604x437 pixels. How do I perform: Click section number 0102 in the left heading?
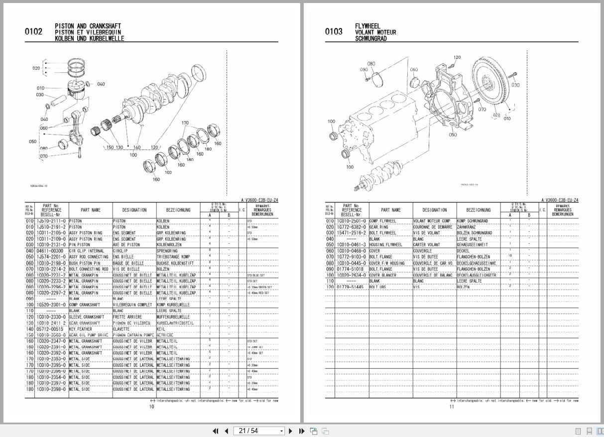coord(33,32)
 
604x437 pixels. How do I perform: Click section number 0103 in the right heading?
coord(334,32)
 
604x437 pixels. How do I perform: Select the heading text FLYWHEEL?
coord(367,26)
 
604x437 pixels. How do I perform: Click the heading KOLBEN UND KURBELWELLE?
coord(90,38)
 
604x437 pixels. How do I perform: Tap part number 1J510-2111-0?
coord(51,221)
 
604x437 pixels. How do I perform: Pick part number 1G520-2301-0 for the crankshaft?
coord(51,304)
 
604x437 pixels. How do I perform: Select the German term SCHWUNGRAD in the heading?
coord(370,38)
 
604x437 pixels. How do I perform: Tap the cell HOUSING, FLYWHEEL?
coord(386,245)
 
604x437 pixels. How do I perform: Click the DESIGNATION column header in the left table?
coord(134,210)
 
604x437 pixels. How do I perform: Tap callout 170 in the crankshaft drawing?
coord(185,123)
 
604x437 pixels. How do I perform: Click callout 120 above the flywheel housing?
coord(457,58)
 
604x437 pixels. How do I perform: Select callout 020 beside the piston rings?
coord(36,68)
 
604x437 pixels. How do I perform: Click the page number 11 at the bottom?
coord(452,407)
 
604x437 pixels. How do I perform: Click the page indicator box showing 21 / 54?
coord(259,431)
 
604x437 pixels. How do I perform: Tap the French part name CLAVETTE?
coord(121,329)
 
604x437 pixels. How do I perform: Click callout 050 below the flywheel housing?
coord(453,135)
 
